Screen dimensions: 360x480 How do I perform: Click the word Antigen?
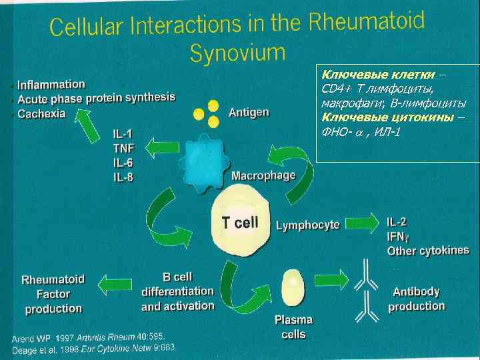(x=249, y=113)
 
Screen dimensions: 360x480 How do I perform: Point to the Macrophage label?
(x=263, y=176)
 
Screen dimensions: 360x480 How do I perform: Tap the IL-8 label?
(x=123, y=178)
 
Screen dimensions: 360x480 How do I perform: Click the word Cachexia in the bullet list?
(x=41, y=114)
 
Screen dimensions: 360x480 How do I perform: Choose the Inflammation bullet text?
(x=51, y=85)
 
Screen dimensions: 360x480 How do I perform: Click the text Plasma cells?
(x=293, y=327)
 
